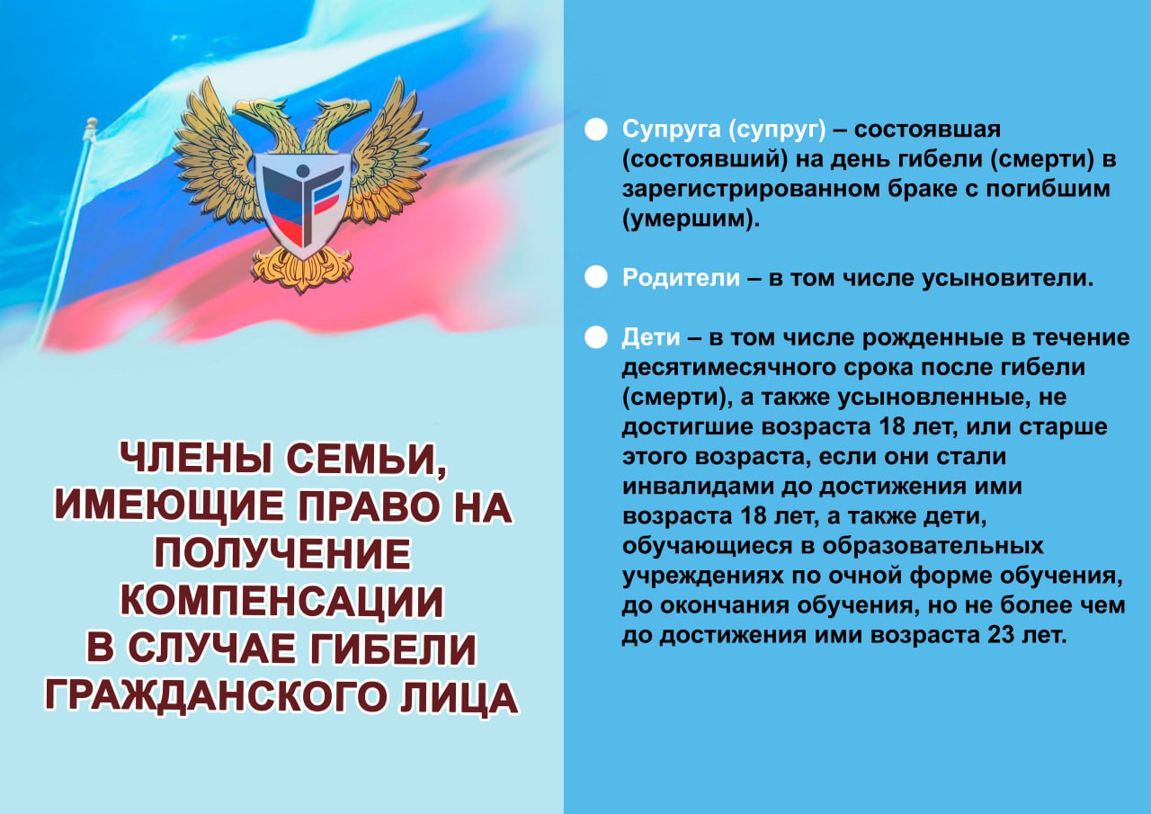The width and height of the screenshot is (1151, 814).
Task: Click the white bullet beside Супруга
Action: tap(596, 130)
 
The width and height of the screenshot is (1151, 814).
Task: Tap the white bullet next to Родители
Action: tap(596, 278)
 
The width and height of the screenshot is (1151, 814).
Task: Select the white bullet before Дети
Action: tap(596, 337)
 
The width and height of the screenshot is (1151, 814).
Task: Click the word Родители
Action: tap(681, 278)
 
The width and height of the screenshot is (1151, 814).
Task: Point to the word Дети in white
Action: tap(650, 338)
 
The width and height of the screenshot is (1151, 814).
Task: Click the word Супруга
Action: tap(672, 130)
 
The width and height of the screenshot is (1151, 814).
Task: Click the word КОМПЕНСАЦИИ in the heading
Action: tap(282, 601)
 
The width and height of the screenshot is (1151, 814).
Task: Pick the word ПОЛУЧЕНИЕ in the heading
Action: tap(282, 554)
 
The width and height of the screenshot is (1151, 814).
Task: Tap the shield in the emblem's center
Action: tap(302, 204)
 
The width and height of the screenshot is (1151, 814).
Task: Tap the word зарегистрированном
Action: tap(750, 190)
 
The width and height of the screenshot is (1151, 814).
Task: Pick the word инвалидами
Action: tap(699, 487)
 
